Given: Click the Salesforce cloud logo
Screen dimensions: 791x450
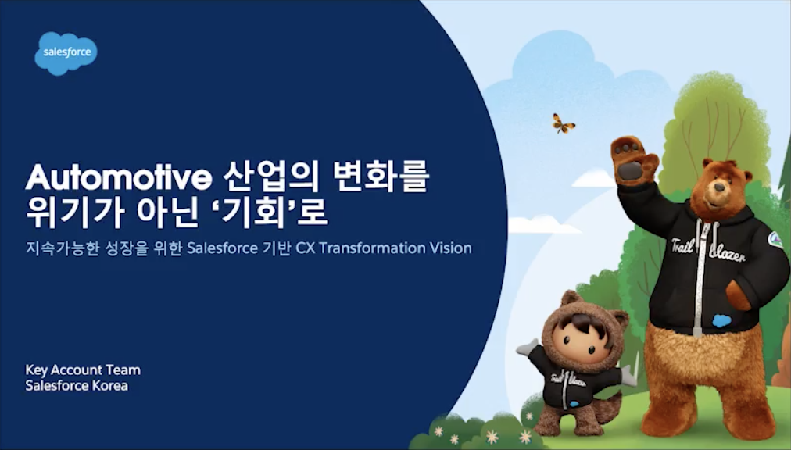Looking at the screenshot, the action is click(x=66, y=53).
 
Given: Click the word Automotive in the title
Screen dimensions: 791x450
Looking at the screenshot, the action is click(x=119, y=177).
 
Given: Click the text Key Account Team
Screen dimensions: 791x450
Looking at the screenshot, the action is click(x=83, y=370).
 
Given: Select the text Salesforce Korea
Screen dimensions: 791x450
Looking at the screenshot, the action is click(x=77, y=386).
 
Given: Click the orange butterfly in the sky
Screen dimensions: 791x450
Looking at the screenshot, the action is click(x=563, y=123).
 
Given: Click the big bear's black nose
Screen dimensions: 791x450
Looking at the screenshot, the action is click(x=719, y=187).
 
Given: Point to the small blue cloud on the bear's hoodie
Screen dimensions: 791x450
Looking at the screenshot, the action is click(x=721, y=320).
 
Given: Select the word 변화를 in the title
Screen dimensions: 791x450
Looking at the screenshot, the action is click(x=381, y=177).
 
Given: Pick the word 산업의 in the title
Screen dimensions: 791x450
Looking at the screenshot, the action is click(x=271, y=177).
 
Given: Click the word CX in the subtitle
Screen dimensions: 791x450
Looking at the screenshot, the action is click(x=305, y=248).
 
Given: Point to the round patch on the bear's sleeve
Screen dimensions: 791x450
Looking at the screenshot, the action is click(x=775, y=240).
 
